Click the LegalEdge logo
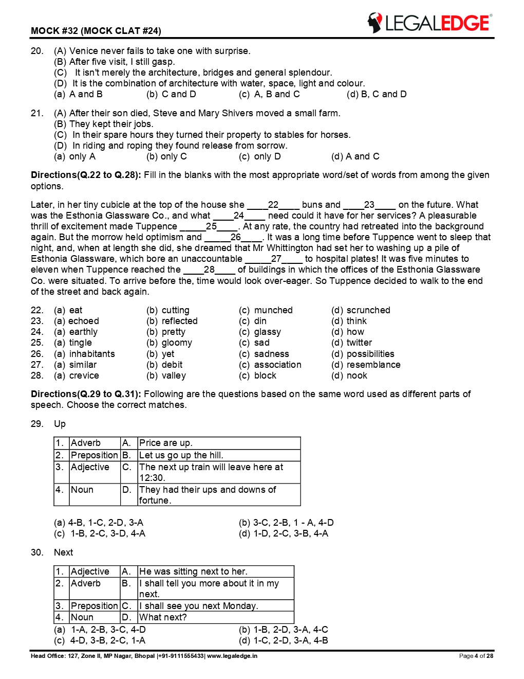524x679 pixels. pos(429,23)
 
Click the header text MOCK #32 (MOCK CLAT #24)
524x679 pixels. pos(96,31)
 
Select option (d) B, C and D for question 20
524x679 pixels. pos(377,94)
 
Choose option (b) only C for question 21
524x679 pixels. pos(166,156)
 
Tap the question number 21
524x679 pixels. pos(37,113)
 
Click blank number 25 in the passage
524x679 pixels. pos(211,226)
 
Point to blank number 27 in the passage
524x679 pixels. pos(276,259)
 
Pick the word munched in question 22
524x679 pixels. pos(273,310)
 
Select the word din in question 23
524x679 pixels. pos(260,321)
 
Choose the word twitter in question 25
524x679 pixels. pos(359,343)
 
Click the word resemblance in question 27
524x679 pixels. pos(373,365)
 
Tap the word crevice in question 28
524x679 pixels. pos(84,376)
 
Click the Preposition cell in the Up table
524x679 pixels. pos(94,455)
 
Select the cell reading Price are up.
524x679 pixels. pos(165,443)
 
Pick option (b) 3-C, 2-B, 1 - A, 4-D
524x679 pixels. pos(286,523)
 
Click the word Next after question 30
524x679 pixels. pos(63,552)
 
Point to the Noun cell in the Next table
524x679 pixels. pos(82,617)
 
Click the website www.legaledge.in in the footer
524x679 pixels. pos(232,656)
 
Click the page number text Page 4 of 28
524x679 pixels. pos(476,656)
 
